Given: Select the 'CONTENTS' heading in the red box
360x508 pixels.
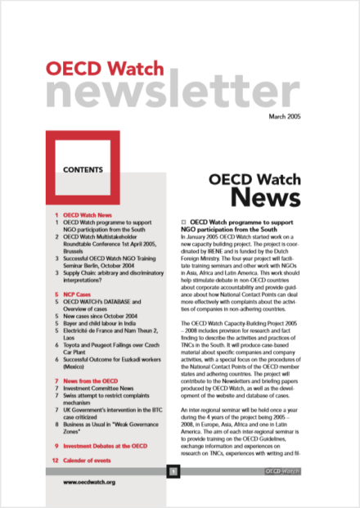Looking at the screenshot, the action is coord(83,169).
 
